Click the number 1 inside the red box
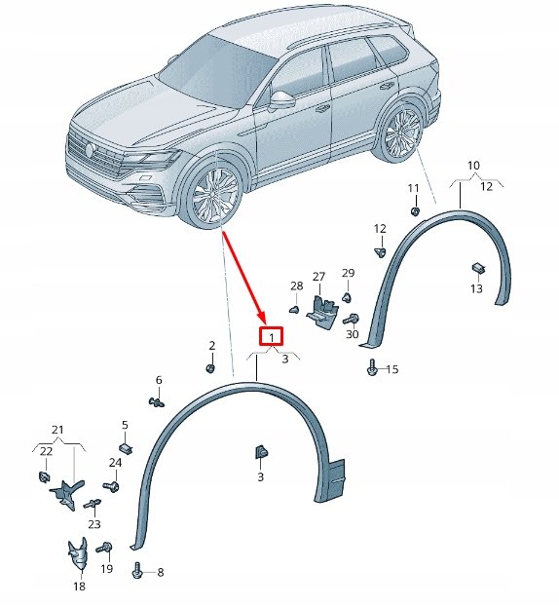coord(271,337)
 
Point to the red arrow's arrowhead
coord(262,321)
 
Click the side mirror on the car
coord(282,100)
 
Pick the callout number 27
coord(318,277)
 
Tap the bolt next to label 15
coord(373,368)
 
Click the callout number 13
coord(476,289)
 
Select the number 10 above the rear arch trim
coord(473,165)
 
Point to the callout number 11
coord(413,188)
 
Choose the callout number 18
coord(79,587)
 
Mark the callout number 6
coord(159,380)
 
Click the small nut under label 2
coord(210,367)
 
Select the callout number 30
coord(353,335)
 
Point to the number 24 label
coord(116,462)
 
